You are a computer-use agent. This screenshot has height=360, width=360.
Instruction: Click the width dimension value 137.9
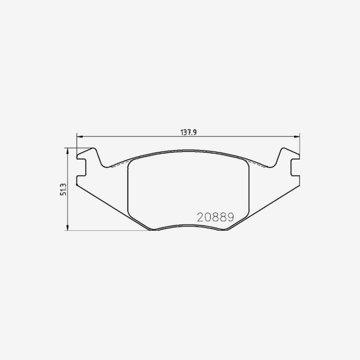[x=189, y=132]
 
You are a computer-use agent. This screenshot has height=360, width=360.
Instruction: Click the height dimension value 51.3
[x=63, y=189]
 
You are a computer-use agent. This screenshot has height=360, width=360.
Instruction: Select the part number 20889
[x=216, y=217]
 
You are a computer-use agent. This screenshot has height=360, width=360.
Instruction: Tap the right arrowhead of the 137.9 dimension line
[x=297, y=137]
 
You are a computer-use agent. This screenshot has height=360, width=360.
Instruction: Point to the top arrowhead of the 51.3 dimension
[x=67, y=151]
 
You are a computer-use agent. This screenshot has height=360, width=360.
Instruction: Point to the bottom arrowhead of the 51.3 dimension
[x=67, y=227]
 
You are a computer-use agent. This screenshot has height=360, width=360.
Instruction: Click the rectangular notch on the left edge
[x=81, y=167]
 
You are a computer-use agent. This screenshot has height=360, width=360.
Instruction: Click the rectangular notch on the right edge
[x=295, y=167]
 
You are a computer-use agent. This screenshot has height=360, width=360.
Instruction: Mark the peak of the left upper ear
[x=93, y=148]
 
